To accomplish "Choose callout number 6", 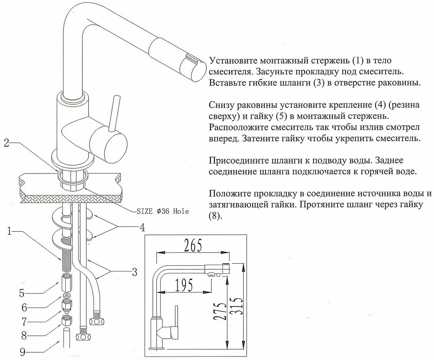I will [24, 308].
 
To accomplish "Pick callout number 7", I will [24, 322].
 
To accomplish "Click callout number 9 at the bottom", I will [23, 351].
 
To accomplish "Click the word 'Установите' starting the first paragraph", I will [233, 62].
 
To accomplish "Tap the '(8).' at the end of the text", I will [216, 216].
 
